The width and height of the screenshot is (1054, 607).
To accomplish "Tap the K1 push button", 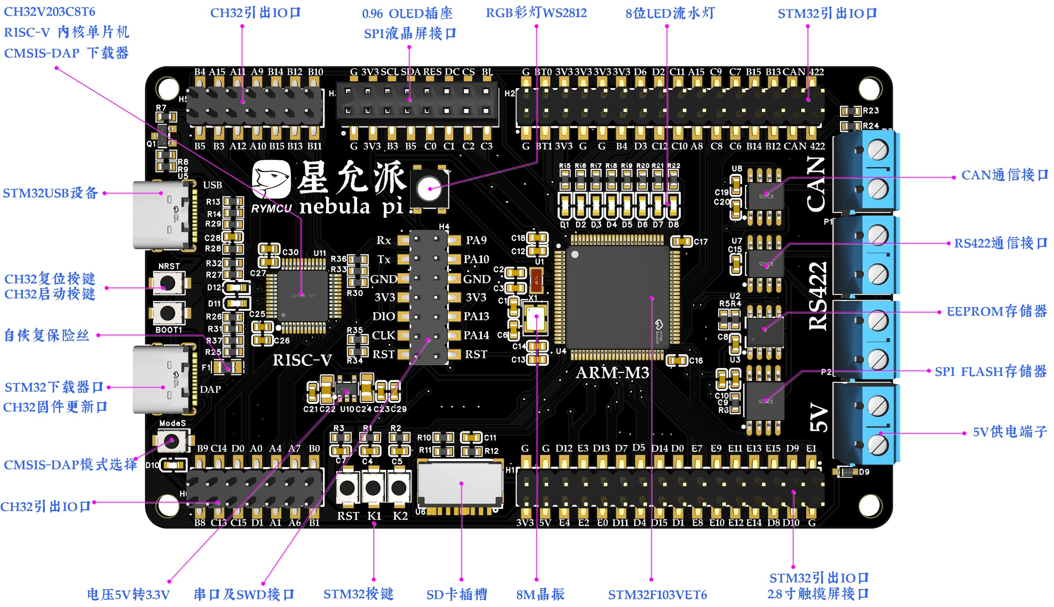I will pyautogui.click(x=373, y=487).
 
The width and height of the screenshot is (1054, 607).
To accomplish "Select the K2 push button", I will pyautogui.click(x=399, y=487).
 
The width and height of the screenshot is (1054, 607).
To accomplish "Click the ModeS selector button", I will pyautogui.click(x=172, y=441).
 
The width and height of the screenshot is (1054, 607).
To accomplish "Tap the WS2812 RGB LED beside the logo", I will pyautogui.click(x=429, y=189).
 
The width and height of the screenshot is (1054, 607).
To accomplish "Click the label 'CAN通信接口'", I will pyautogui.click(x=1004, y=175).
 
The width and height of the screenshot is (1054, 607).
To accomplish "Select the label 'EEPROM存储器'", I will pyautogui.click(x=997, y=312).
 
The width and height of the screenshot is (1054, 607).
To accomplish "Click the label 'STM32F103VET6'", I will pyautogui.click(x=658, y=594).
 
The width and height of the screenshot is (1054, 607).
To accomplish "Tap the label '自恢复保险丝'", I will pyautogui.click(x=47, y=335).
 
